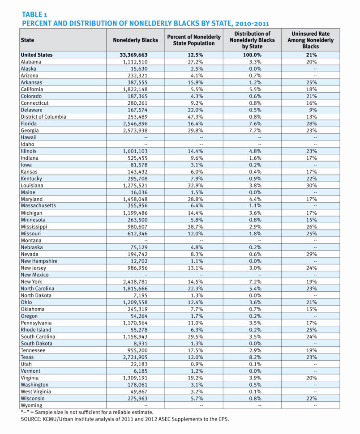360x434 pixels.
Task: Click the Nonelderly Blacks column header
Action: click(135, 40)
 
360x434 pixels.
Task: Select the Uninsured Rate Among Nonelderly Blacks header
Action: click(310, 40)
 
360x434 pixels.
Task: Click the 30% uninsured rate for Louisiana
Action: click(310, 185)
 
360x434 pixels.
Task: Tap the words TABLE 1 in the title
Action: click(37, 14)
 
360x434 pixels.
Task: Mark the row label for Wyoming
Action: click(32, 405)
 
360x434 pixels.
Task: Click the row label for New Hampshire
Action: click(39, 261)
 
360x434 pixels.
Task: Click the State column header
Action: click(27, 40)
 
